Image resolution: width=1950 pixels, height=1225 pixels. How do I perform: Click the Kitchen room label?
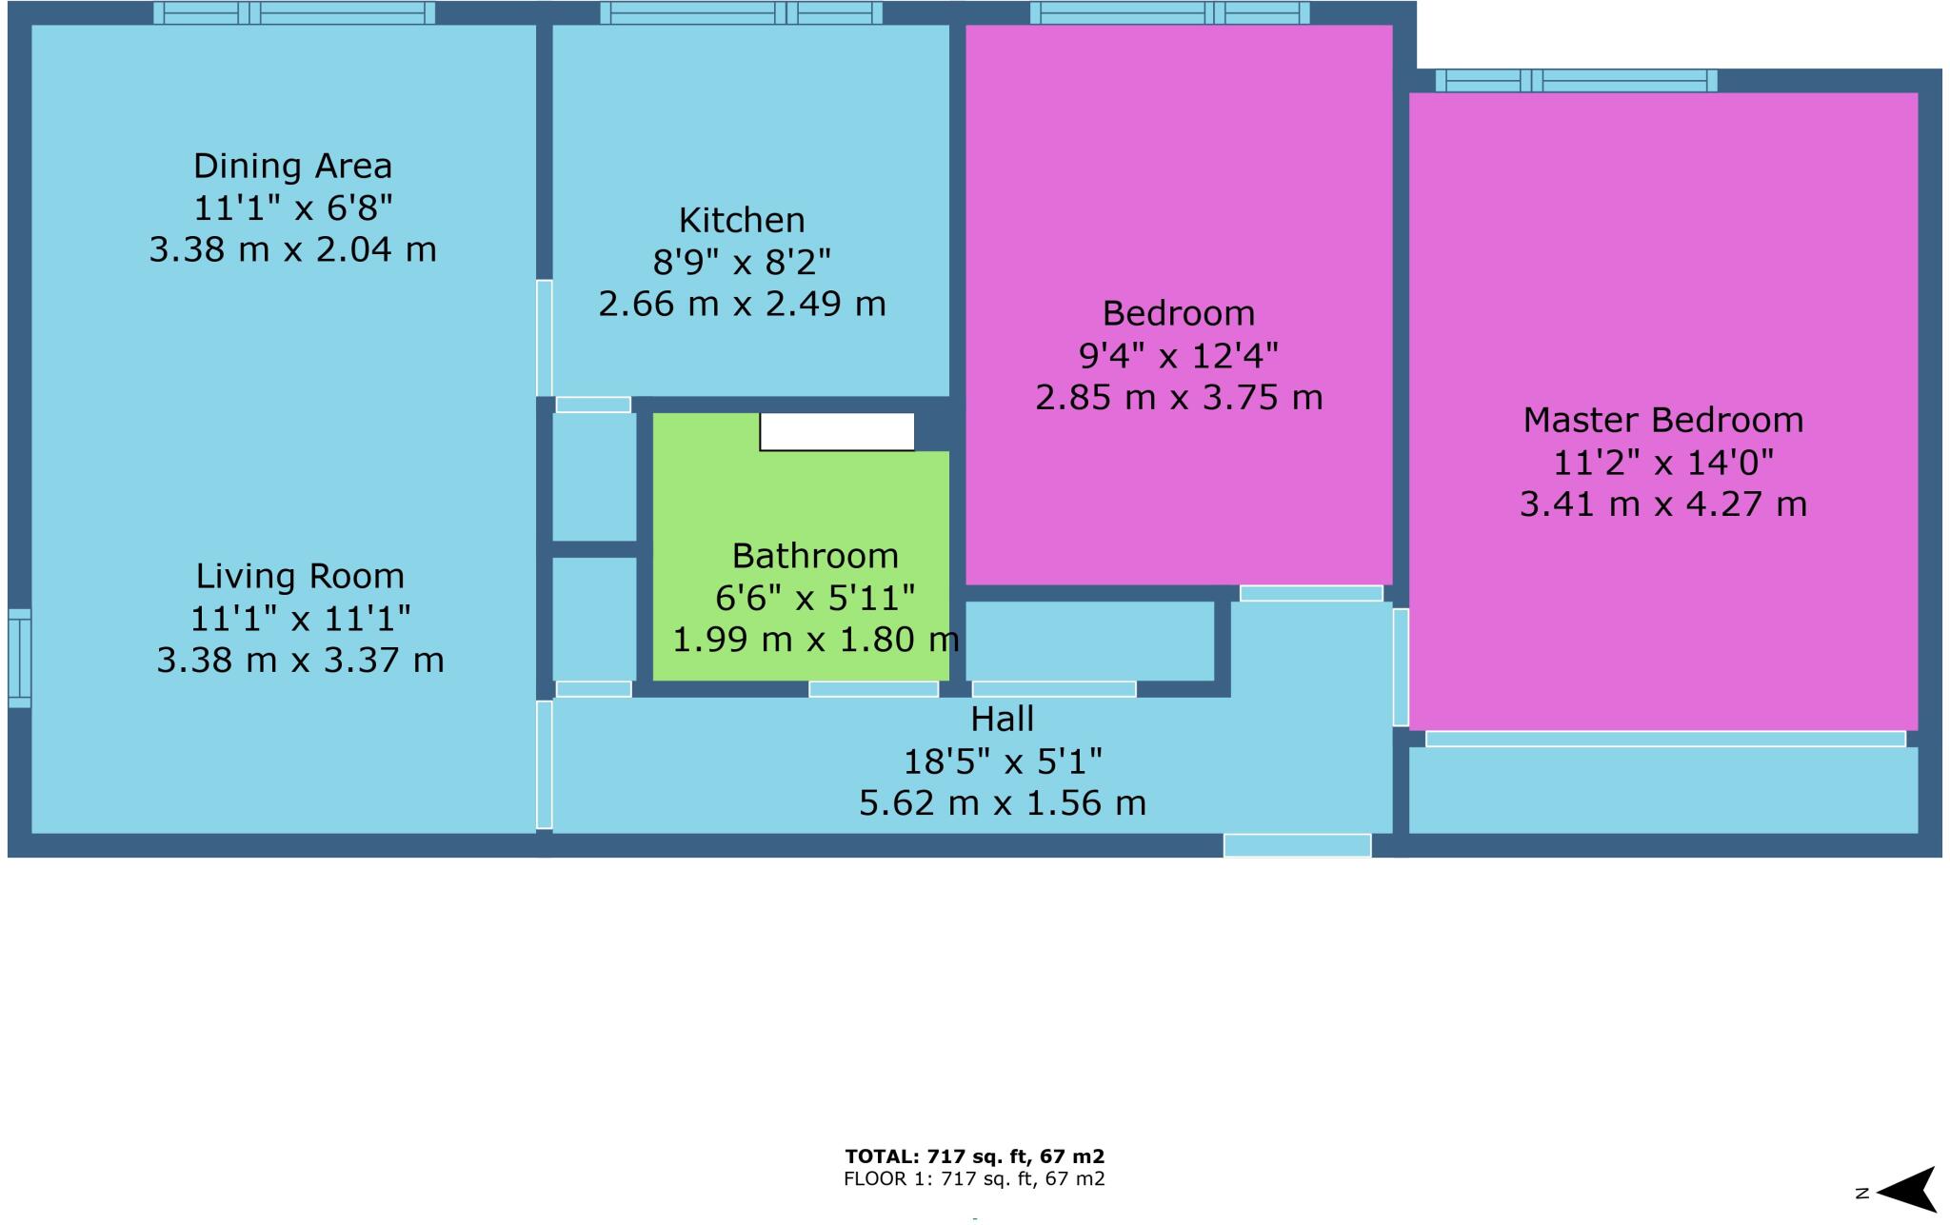(742, 221)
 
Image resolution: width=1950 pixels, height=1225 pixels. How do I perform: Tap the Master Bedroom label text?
(1662, 421)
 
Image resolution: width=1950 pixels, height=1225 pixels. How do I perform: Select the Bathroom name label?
(815, 556)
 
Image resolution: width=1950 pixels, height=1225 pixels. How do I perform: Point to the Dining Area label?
(292, 167)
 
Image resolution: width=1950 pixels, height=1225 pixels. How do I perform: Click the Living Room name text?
(300, 577)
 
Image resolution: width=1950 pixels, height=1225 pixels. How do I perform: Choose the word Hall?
(1002, 720)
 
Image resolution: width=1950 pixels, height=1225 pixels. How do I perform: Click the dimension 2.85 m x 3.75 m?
(1179, 398)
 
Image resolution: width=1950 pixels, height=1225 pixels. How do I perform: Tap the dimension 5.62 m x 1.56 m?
(1002, 804)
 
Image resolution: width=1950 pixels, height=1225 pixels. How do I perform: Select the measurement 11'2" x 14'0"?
(1662, 464)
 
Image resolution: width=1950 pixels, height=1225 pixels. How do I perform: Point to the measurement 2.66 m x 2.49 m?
(742, 305)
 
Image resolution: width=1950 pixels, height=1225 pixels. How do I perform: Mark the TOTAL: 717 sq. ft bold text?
(974, 1157)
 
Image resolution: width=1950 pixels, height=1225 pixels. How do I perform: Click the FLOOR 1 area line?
(974, 1180)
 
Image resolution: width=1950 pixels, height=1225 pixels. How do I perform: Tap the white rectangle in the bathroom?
(837, 431)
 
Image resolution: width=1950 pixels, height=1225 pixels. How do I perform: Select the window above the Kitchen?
(741, 13)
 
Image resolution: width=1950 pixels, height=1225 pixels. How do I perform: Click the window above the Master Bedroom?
(1576, 81)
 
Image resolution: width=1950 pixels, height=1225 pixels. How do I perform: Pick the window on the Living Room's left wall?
(20, 659)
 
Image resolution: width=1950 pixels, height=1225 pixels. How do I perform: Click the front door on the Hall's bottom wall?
(1297, 845)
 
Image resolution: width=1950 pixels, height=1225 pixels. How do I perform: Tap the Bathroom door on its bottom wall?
(873, 689)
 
